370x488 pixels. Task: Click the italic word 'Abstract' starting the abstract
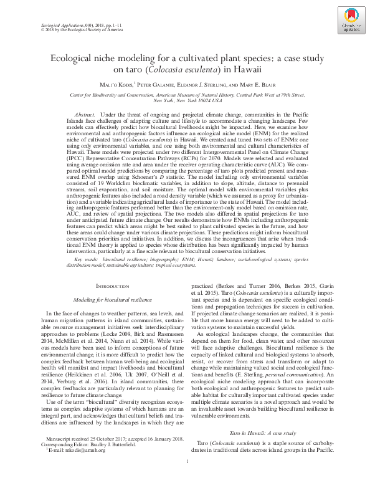pyautogui.click(x=84, y=116)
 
